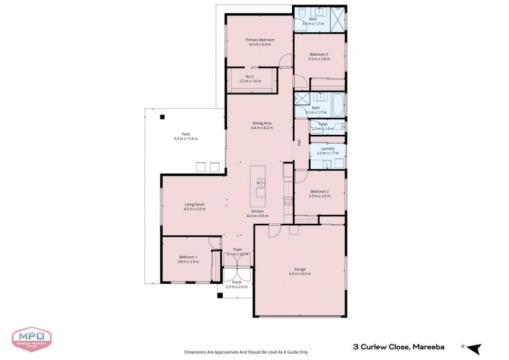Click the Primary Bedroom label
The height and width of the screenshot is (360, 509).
pos(259,40)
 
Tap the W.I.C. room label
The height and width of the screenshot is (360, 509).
pos(250,77)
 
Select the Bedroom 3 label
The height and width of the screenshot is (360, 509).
pos(319,54)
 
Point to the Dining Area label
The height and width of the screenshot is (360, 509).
pos(261,123)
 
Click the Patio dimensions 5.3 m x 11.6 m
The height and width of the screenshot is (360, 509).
pos(186,139)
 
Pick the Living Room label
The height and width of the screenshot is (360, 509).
pos(194,204)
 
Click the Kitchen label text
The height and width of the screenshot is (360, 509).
pos(257,211)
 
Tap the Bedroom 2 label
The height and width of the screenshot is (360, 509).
pos(320,191)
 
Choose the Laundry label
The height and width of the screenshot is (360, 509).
pos(328,149)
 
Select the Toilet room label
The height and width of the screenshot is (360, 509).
pos(323,124)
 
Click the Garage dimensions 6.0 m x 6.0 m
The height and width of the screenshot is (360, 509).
pos(300,273)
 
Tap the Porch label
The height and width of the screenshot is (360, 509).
pos(237,282)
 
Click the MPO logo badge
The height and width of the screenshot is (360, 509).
pos(31,339)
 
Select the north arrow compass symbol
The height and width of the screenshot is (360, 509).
pos(474,349)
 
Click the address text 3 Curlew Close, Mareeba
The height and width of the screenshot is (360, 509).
pos(399,347)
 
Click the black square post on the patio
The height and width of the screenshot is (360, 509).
pos(163,117)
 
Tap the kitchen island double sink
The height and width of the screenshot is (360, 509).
pos(260,183)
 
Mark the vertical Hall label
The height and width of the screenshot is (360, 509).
pos(299,143)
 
